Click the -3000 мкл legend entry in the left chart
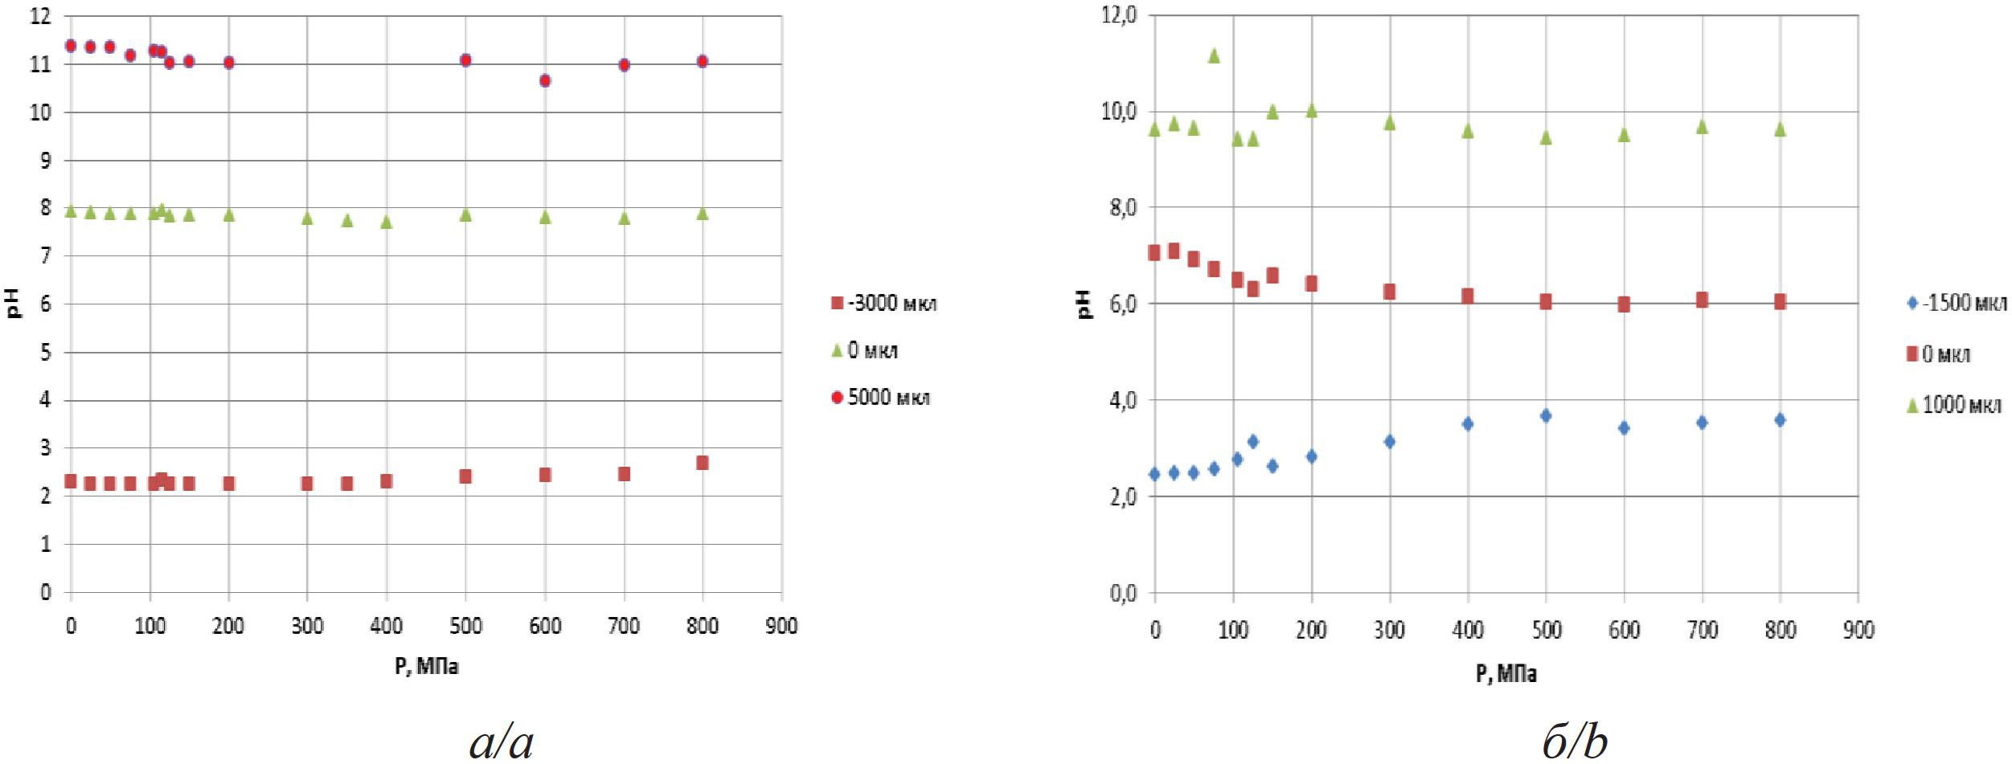point(883,304)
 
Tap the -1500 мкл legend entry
point(1957,303)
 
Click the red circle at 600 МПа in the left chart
point(545,80)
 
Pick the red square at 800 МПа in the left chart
point(703,463)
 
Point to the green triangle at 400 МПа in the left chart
point(386,222)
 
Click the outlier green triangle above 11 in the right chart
point(1214,55)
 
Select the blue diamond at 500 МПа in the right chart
point(1545,415)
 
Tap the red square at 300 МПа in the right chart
point(1389,292)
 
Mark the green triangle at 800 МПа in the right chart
point(1780,129)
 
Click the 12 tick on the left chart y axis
point(40,16)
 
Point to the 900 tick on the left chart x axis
point(781,626)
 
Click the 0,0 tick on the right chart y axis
point(1121,593)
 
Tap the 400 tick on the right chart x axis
point(1467,630)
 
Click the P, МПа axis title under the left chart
point(426,666)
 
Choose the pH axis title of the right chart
point(1085,304)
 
